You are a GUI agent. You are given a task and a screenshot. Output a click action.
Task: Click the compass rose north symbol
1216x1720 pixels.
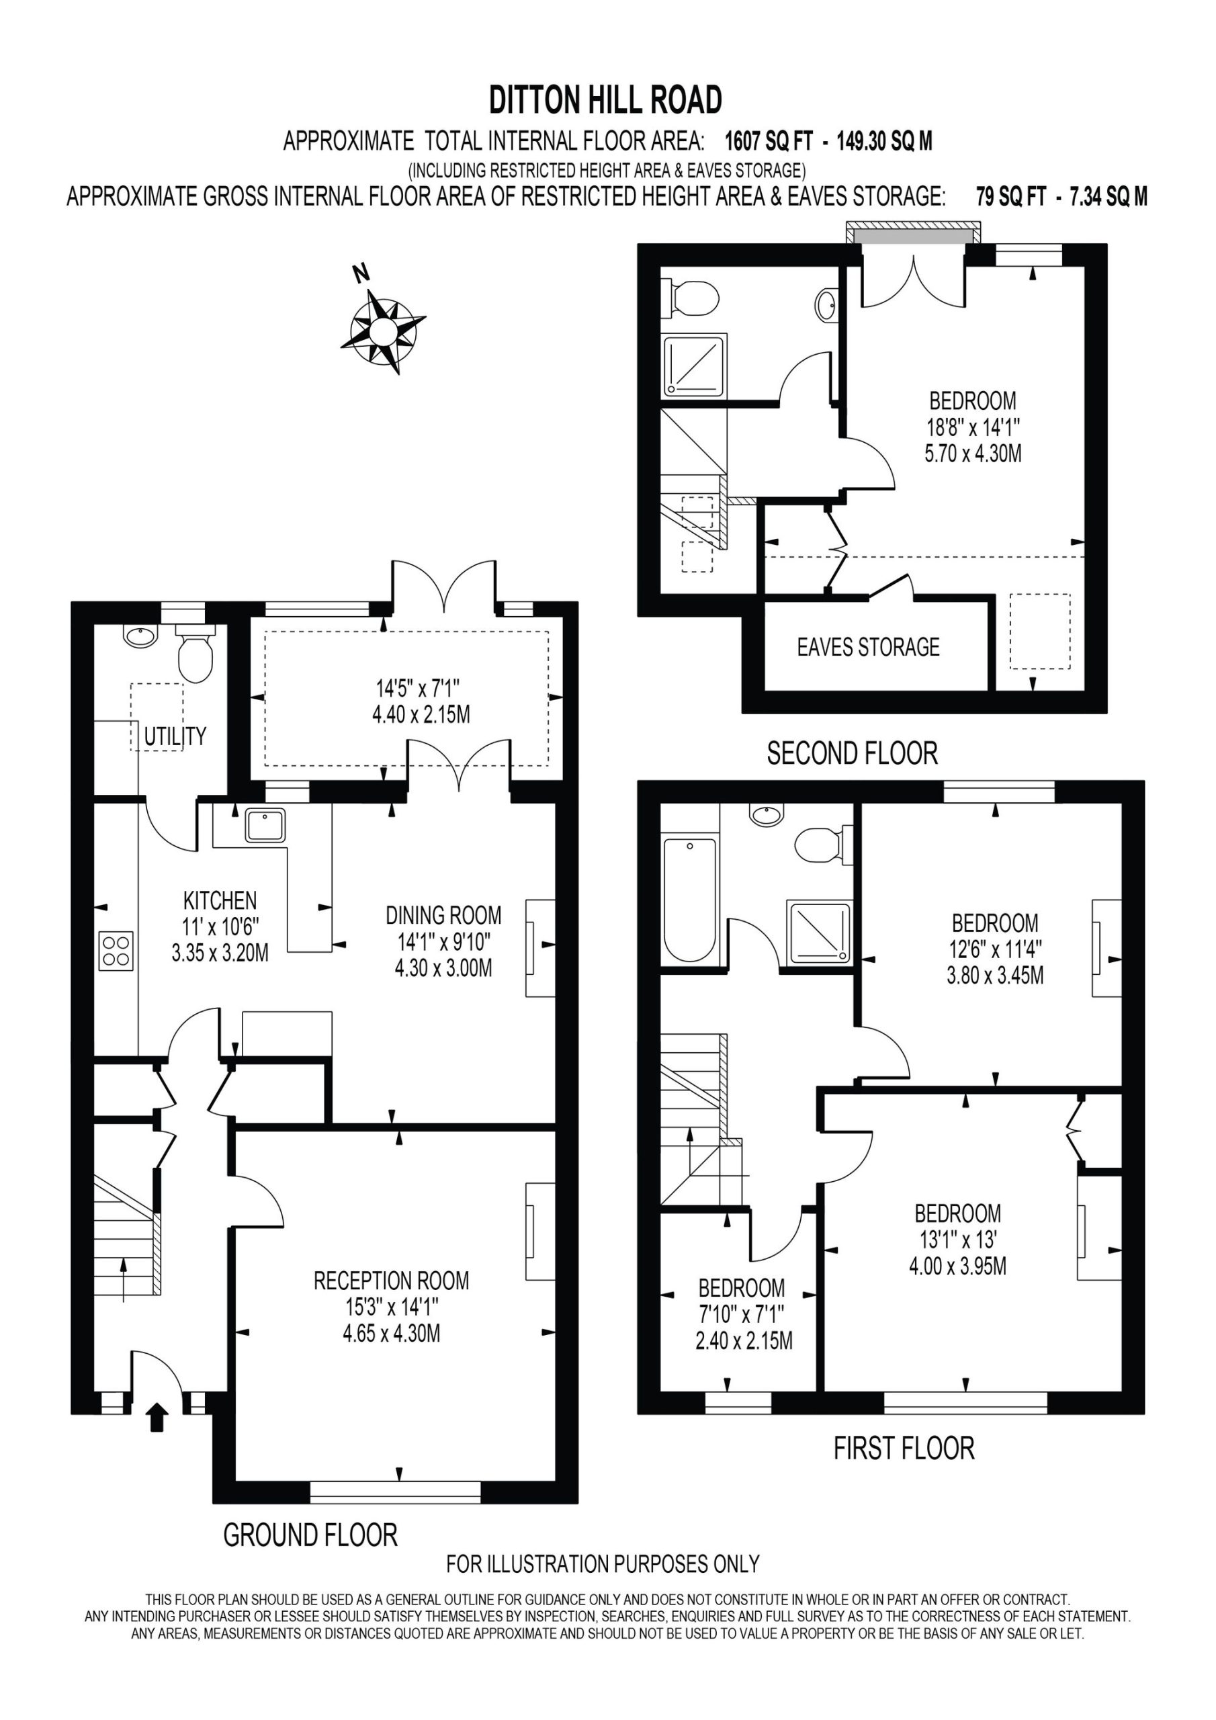click(x=382, y=328)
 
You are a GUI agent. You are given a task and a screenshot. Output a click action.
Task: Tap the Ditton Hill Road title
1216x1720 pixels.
click(x=605, y=99)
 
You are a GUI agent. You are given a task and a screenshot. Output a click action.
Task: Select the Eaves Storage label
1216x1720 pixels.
click(x=869, y=646)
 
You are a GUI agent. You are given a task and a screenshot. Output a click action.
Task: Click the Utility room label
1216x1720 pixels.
click(x=175, y=736)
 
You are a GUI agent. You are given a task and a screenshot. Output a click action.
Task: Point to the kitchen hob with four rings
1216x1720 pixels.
click(x=116, y=951)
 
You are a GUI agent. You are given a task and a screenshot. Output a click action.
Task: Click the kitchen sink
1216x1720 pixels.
click(x=265, y=825)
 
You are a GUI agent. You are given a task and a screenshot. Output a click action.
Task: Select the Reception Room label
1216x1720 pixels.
click(x=391, y=1281)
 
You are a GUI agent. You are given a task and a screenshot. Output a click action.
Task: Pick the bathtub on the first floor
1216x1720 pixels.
click(x=690, y=900)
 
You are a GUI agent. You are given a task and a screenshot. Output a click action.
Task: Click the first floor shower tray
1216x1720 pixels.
click(x=819, y=933)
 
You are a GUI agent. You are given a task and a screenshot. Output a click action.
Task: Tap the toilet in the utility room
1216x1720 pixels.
click(x=195, y=653)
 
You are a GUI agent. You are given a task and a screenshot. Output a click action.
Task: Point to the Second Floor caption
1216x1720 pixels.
click(x=852, y=753)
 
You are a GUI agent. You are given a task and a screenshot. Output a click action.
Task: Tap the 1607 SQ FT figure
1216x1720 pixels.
click(x=769, y=141)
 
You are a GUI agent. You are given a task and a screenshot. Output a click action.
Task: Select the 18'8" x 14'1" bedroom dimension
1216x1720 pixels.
click(x=973, y=427)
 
